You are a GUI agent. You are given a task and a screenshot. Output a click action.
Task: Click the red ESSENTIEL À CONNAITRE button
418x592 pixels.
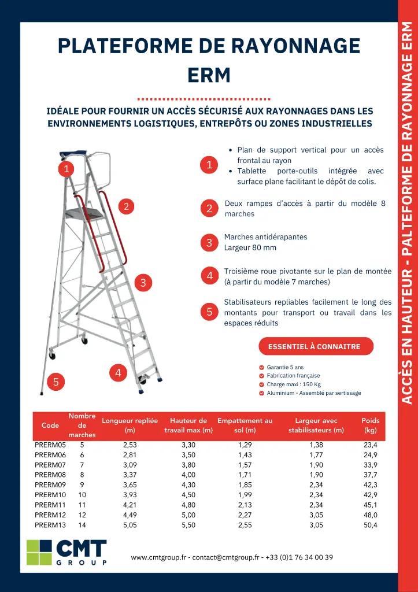315,347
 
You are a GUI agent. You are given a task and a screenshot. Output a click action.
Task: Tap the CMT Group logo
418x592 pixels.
66,552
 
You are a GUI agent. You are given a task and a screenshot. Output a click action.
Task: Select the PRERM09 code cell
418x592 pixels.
50,484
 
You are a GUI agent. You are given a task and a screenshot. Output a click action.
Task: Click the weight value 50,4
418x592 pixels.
370,525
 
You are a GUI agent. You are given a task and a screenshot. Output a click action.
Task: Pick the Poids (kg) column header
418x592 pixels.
370,425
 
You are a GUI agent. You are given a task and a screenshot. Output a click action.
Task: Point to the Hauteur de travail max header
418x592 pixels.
188,425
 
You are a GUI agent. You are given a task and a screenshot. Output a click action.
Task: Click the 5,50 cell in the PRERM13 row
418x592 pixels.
188,525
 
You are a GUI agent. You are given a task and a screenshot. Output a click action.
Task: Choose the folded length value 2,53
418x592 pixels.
130,445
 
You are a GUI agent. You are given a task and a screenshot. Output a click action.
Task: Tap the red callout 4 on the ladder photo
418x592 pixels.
118,373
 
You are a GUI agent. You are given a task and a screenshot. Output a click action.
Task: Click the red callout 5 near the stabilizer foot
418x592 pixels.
56,382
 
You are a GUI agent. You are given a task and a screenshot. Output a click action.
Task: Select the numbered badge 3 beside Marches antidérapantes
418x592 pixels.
209,243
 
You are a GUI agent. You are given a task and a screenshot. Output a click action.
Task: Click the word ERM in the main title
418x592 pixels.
209,75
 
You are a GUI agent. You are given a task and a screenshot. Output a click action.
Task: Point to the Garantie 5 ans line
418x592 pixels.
285,367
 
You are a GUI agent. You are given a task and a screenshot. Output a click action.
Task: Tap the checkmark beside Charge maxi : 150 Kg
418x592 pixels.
262,384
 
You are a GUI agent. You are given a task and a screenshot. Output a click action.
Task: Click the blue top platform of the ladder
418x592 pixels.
74,154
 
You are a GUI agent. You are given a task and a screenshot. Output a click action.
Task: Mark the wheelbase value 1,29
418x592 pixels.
245,445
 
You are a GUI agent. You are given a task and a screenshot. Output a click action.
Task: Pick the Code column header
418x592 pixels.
50,425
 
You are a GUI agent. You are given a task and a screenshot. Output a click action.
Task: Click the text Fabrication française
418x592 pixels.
293,376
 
